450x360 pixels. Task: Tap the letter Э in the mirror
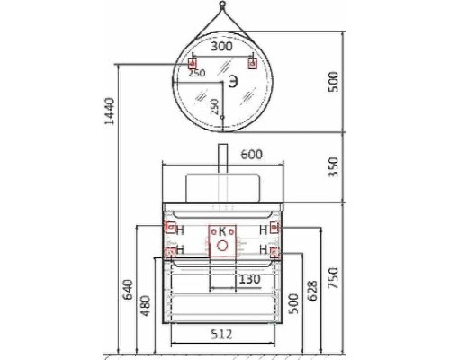point(232,82)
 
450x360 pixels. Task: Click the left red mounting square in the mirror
point(191,63)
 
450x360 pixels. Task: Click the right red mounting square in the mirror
point(252,63)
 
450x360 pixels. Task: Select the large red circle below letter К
point(220,243)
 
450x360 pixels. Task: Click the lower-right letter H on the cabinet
point(263,249)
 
